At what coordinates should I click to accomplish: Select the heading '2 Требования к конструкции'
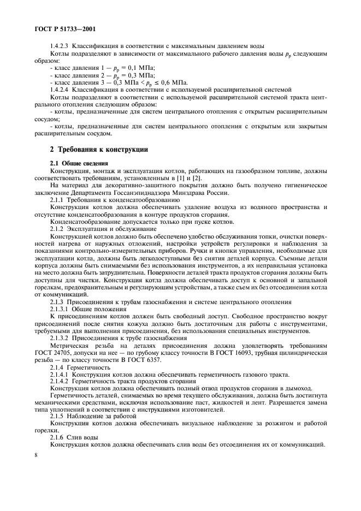click(98, 150)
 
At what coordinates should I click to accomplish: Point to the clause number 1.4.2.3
click(62, 46)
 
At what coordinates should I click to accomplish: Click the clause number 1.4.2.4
click(62, 88)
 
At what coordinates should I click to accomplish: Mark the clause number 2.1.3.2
click(62, 337)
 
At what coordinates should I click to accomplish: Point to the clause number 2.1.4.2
click(62, 381)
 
